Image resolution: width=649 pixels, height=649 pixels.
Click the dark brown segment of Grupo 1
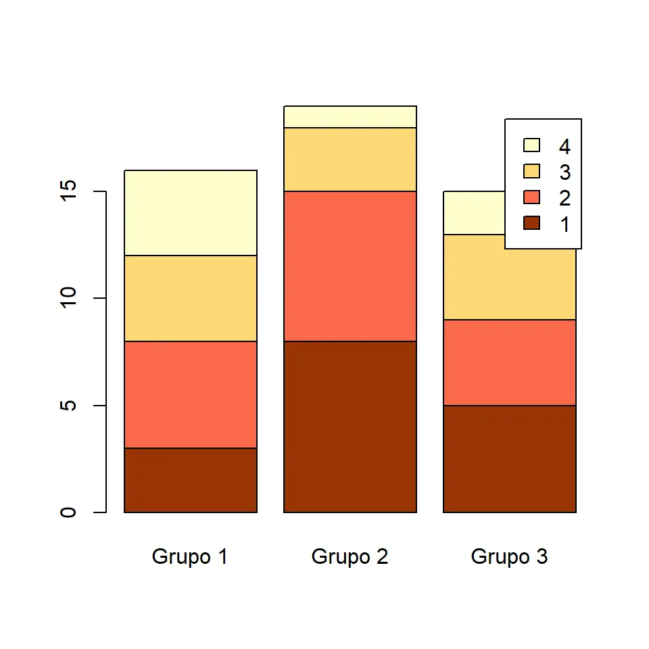(191, 480)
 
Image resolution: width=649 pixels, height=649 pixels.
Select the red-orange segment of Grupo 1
(191, 394)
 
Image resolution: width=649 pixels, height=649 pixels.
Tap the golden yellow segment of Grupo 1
(191, 298)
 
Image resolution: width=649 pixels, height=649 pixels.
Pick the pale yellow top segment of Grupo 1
(191, 212)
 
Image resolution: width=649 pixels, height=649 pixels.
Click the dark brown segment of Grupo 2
(350, 427)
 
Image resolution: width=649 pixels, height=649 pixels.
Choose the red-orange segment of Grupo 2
(350, 266)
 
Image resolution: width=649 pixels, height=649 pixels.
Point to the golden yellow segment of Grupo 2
(350, 159)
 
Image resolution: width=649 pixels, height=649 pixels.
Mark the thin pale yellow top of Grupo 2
(350, 116)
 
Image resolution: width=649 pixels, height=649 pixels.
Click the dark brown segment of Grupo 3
(509, 458)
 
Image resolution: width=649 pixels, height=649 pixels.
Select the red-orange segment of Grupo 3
(509, 362)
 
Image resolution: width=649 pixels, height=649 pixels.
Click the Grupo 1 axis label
(190, 557)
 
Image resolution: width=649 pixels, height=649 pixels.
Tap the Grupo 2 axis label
(350, 557)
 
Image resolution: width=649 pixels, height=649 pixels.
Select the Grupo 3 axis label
(509, 557)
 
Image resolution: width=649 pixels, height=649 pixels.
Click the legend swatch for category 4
(532, 145)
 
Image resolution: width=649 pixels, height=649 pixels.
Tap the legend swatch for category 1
(532, 223)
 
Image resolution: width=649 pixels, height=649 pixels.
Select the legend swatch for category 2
(532, 197)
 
